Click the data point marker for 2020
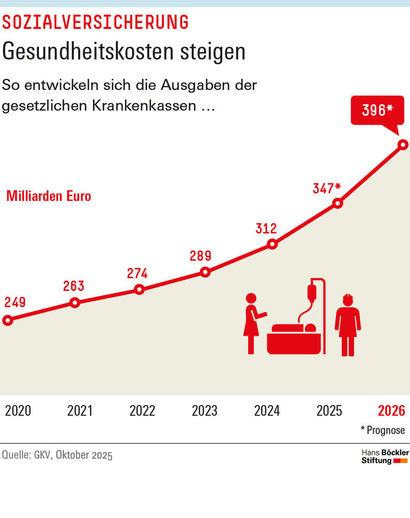7,320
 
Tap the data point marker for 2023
205,272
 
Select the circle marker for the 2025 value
337,203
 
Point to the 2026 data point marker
403,144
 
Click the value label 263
74,286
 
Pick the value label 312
266,229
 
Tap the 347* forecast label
327,188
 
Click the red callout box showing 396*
377,110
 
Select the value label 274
137,273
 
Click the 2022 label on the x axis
143,411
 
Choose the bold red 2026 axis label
391,411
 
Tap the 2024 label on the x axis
267,411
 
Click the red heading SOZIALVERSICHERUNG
96,22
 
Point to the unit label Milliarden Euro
49,196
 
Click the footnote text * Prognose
383,430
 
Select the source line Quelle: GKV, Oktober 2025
58,456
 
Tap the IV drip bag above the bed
312,292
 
